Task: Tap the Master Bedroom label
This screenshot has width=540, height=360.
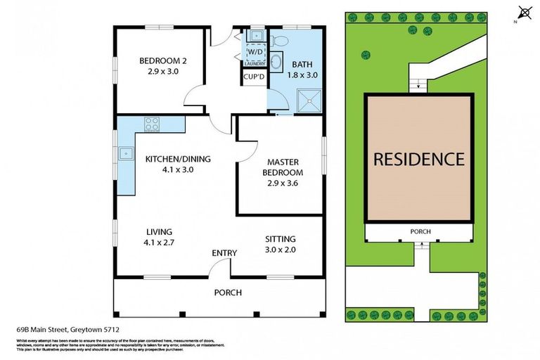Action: tap(283, 168)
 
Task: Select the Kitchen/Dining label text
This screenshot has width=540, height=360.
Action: tap(178, 159)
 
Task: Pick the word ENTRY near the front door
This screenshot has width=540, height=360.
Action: tap(224, 253)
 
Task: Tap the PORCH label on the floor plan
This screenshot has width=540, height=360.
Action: tap(227, 292)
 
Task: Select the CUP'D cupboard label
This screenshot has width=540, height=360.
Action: tap(253, 77)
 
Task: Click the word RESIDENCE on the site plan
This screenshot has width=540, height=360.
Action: tap(418, 160)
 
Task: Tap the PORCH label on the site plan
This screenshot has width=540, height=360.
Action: tap(420, 232)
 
